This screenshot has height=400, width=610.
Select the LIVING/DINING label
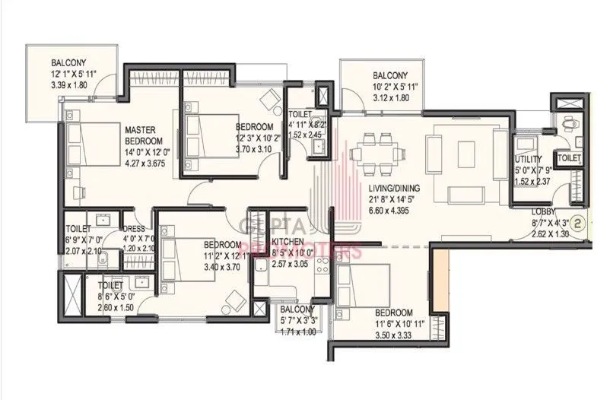(x=396, y=187)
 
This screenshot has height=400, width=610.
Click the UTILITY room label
(x=527, y=160)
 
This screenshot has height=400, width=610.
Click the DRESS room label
(x=135, y=227)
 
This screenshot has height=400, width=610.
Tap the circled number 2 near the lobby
(x=578, y=224)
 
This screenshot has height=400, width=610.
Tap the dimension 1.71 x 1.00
(x=297, y=332)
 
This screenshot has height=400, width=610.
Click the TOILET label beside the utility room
(x=570, y=157)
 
